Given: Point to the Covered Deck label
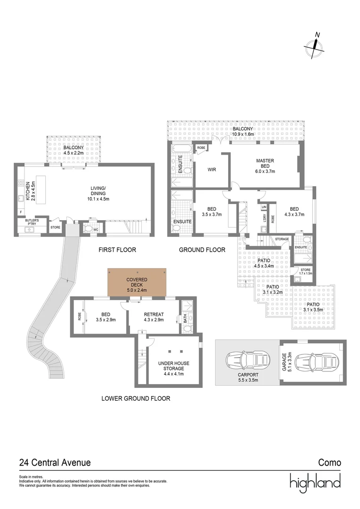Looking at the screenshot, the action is [x=137, y=285].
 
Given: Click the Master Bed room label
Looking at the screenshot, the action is [x=265, y=166].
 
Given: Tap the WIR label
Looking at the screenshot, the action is [x=212, y=170].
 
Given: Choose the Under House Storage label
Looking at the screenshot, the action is [x=174, y=369].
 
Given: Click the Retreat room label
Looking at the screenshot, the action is [x=154, y=317].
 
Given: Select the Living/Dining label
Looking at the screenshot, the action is [x=98, y=193].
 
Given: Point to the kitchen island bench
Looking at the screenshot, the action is [x=40, y=190].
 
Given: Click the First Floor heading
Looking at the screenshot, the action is [x=117, y=250].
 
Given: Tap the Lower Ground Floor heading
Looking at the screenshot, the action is [x=136, y=398].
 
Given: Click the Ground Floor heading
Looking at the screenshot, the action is [x=202, y=250].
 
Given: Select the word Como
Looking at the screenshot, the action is [x=329, y=462].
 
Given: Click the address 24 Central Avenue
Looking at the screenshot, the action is [x=55, y=462].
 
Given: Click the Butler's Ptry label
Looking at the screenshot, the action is [x=32, y=222].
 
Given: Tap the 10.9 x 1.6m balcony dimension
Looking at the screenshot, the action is [x=243, y=134].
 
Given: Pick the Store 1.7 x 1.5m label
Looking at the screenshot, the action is [x=305, y=271].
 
